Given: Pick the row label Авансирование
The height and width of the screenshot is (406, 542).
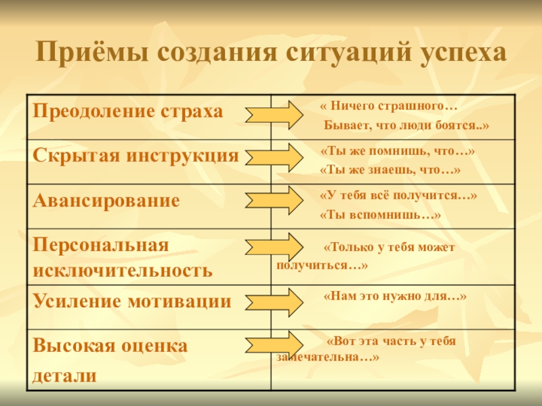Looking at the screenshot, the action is point(107,200).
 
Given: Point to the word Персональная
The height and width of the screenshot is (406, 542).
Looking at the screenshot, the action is point(101,244).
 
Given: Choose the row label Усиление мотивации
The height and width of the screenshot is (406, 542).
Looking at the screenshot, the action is point(133,301).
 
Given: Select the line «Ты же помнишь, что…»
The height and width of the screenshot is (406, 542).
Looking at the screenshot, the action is point(397,152).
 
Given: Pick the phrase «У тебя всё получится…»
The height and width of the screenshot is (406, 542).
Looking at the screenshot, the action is point(398,196).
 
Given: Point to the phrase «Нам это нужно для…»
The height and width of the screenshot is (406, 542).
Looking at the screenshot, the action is point(396,296).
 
